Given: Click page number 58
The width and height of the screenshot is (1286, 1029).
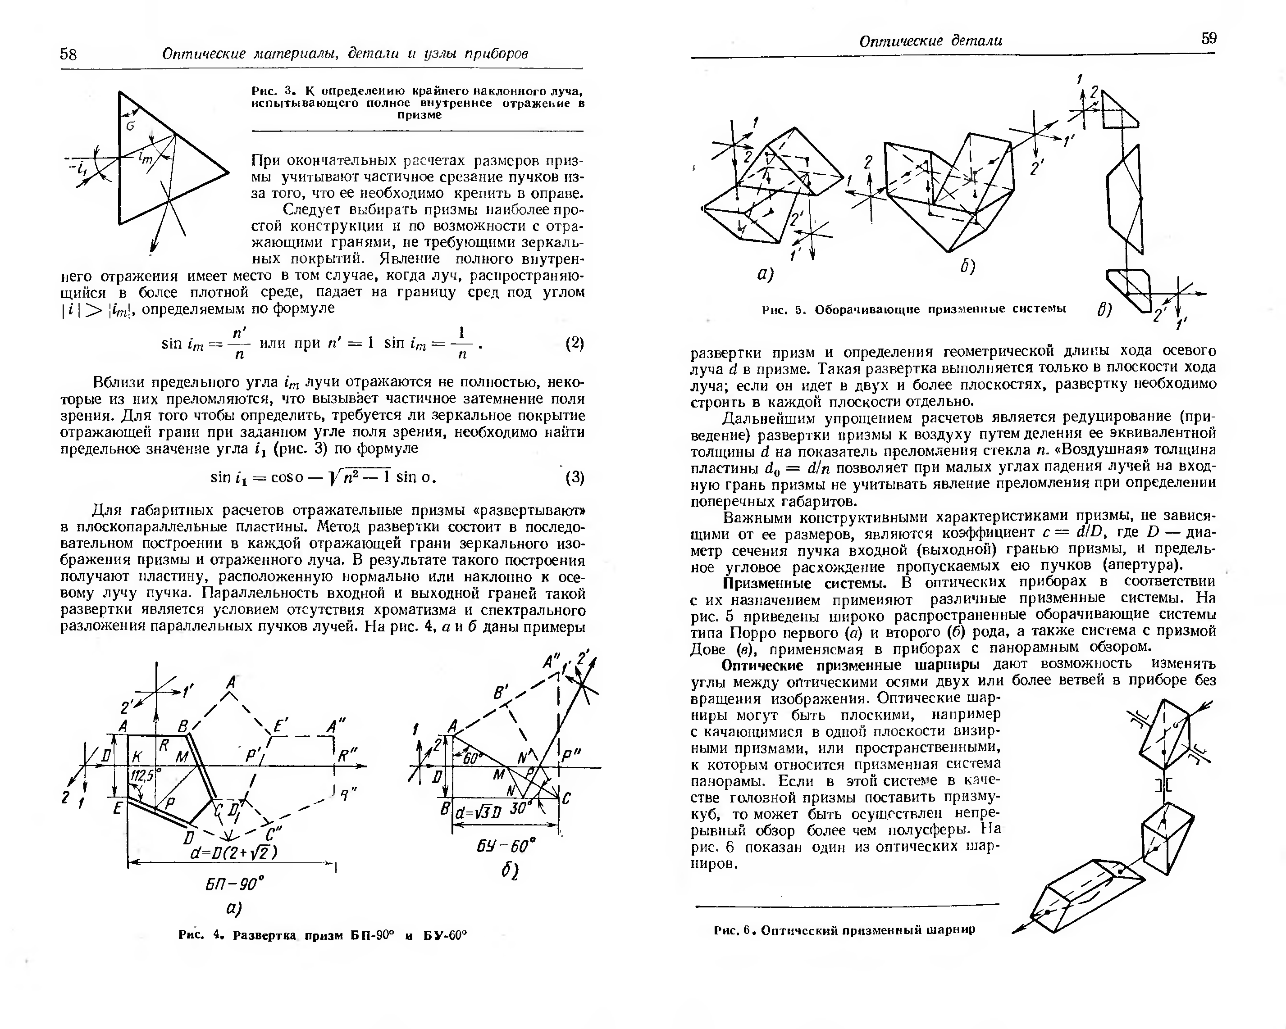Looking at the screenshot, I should pyautogui.click(x=68, y=54).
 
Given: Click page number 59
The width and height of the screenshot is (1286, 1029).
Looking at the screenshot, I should pyautogui.click(x=1208, y=39).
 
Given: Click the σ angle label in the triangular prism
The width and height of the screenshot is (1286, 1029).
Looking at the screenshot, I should pyautogui.click(x=131, y=126).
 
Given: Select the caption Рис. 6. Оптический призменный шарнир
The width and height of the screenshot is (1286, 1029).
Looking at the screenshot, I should pyautogui.click(x=844, y=930).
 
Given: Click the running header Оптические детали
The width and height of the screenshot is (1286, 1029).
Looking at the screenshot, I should pyautogui.click(x=930, y=41).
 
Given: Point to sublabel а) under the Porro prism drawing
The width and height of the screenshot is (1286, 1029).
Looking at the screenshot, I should pyautogui.click(x=765, y=274).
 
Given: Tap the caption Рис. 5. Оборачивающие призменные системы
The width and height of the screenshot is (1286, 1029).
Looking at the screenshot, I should pyautogui.click(x=914, y=309).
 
